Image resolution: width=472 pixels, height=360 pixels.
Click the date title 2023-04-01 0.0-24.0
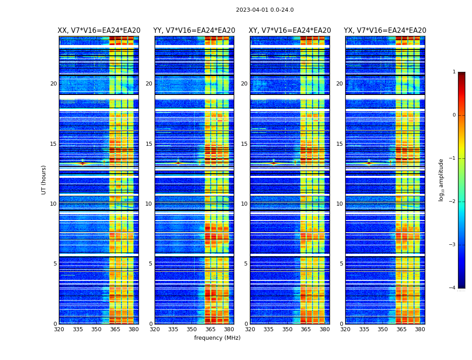[x=265, y=10]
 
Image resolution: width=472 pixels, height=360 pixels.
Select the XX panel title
[x=99, y=31]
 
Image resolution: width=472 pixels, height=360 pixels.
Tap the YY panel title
[x=194, y=31]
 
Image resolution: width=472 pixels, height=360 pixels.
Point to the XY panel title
[x=290, y=31]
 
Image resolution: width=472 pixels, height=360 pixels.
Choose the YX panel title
[x=385, y=31]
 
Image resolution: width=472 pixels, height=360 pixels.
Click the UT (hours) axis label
[x=44, y=180]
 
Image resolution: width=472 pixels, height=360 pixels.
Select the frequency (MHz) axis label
[x=217, y=338]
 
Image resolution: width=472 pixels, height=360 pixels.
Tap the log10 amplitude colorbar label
[x=441, y=180]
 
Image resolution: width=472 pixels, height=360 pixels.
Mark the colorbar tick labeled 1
[x=454, y=72]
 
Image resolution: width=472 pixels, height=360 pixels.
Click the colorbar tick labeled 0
[x=454, y=115]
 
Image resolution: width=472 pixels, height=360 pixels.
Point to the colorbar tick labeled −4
[x=453, y=288]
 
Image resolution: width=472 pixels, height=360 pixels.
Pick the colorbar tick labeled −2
[x=453, y=202]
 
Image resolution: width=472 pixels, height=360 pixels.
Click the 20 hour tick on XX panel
[x=53, y=84]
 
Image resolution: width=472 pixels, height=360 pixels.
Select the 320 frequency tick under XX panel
[x=59, y=329]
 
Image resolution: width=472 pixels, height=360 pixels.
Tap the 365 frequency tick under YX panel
[x=401, y=329]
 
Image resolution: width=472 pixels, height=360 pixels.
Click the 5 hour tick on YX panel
[x=341, y=264]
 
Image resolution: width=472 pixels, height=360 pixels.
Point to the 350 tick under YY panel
[x=192, y=329]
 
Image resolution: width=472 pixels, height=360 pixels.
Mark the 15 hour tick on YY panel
[x=149, y=144]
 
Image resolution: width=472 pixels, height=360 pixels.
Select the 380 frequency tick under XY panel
[x=325, y=329]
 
